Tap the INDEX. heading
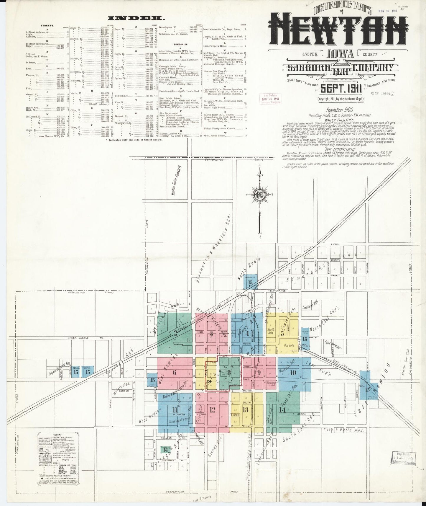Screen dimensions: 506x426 (136, 18)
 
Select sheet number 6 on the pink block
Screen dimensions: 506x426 (175, 372)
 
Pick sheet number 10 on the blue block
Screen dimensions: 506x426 (293, 372)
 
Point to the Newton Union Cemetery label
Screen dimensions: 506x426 (177, 179)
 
